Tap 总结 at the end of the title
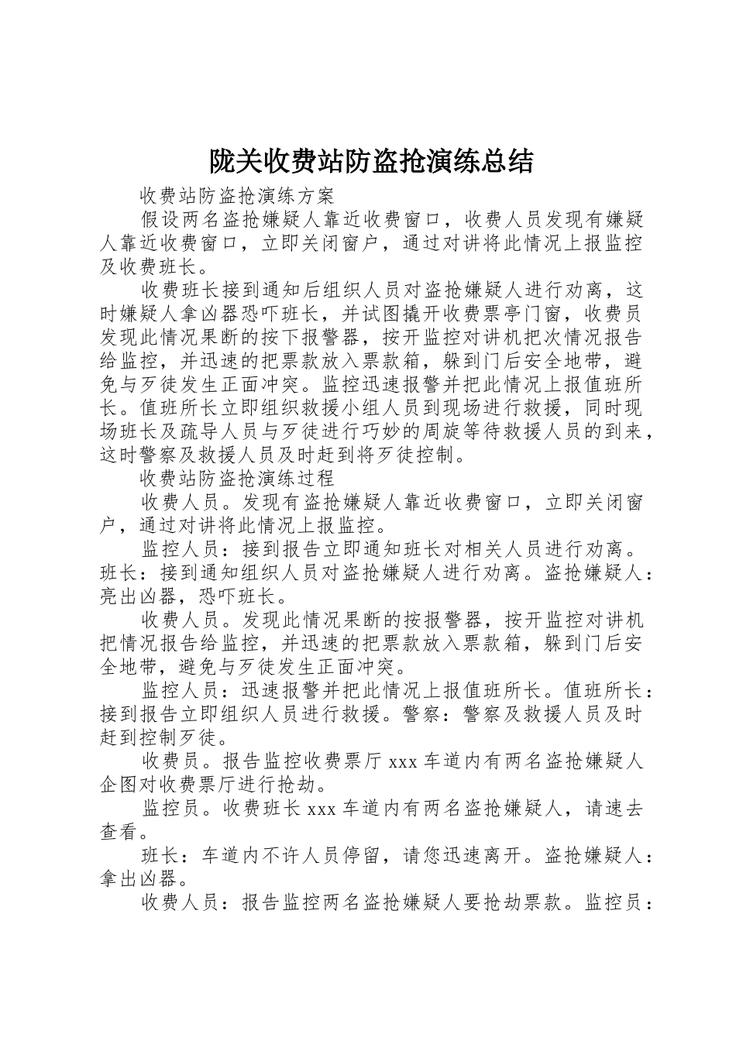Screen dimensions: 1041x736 click(x=510, y=161)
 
